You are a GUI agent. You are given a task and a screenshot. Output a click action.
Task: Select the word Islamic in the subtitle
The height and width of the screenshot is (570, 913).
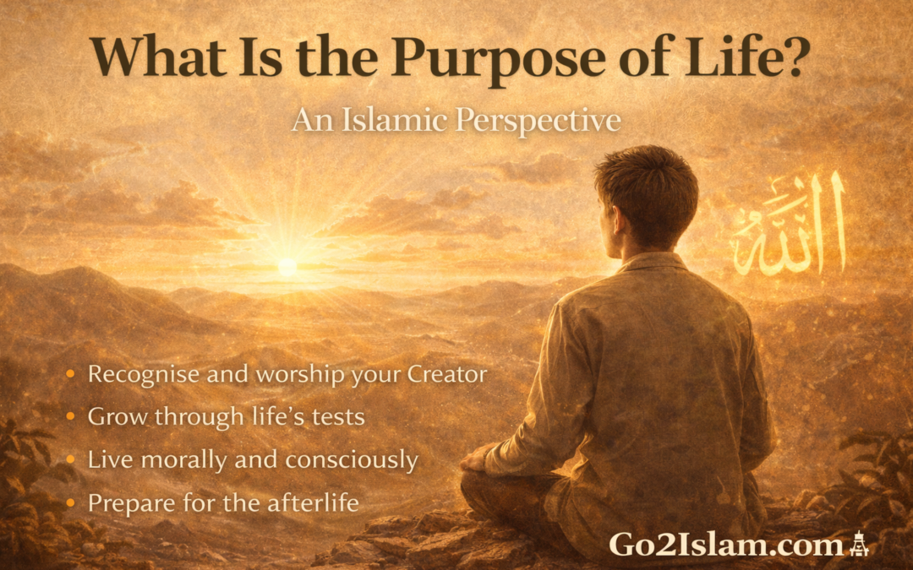coord(388,121)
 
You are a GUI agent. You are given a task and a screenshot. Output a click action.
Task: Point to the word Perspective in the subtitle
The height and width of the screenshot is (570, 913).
coord(539,122)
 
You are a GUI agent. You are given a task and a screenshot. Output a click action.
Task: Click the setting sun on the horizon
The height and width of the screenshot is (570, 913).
coord(287,265)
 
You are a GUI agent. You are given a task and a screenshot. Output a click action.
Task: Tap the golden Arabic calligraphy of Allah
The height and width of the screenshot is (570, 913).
coord(790,228)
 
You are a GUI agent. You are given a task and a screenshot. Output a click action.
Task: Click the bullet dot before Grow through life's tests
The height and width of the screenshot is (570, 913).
coord(73,416)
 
